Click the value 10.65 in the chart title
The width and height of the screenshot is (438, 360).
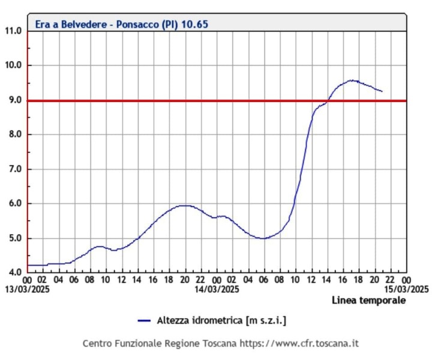click(x=197, y=25)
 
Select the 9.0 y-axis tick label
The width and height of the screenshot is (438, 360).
click(x=14, y=100)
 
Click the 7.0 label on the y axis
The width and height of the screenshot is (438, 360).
click(x=14, y=169)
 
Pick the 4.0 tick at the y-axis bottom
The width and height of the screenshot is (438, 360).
click(x=14, y=272)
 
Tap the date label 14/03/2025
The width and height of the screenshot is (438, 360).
click(x=216, y=289)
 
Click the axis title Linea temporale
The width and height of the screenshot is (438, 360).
click(x=368, y=300)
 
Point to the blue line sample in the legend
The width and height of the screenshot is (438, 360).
click(x=143, y=321)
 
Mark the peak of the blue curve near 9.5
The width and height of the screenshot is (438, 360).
click(x=353, y=80)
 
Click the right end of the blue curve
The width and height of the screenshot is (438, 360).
click(x=382, y=91)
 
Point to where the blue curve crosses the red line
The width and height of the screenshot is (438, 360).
click(x=328, y=100)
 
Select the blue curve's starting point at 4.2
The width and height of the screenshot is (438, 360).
click(x=28, y=265)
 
